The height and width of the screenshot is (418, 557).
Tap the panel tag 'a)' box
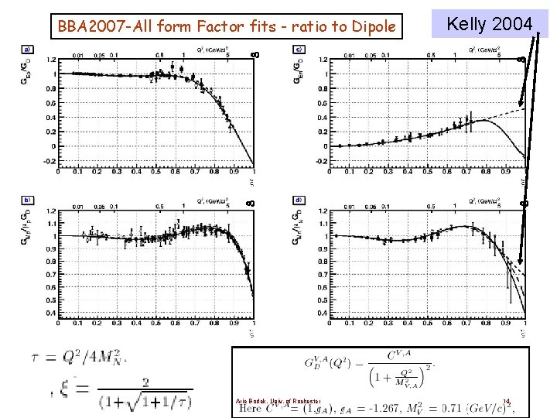(27, 50)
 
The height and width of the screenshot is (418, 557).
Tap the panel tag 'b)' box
(27, 199)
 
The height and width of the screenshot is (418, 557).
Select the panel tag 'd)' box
(299, 199)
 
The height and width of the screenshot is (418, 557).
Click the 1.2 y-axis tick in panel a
(39, 60)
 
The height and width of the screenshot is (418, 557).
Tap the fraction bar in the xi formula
(145, 389)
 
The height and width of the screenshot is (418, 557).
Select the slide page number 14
(507, 400)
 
